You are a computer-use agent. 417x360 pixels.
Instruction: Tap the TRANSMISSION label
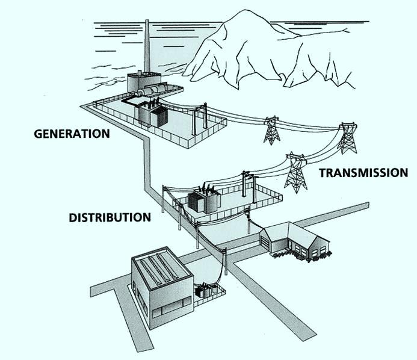pos(363,173)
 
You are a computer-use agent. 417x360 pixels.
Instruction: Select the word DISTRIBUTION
pos(109,217)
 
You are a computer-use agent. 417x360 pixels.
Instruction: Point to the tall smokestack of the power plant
pos(146,48)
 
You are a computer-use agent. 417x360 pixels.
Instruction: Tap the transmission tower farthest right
pos(347,138)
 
